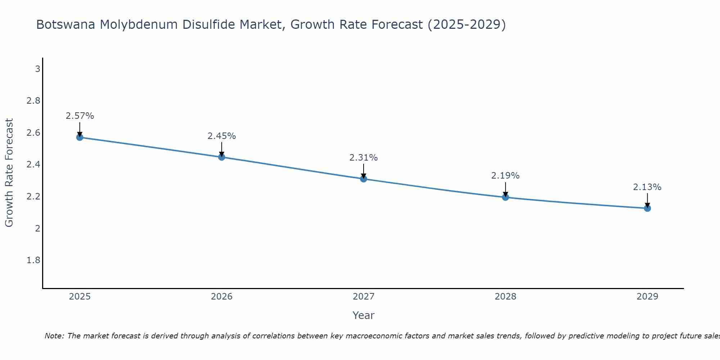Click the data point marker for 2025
coord(80,137)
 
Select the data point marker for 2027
coord(364,179)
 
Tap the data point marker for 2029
coord(647,208)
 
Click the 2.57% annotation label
coord(80,116)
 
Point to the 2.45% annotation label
coord(221,136)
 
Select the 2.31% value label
coord(364,158)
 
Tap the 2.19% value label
coord(505,176)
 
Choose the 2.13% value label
coord(647,187)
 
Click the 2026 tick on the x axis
coord(221,297)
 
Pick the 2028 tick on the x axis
coord(505,297)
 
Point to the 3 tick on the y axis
coord(37,69)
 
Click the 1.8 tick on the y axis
coord(33,260)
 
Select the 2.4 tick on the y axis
coord(33,165)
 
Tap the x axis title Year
coord(364,315)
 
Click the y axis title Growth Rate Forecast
coord(9,172)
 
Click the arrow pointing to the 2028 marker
coord(505,189)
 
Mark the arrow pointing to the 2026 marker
coord(221,149)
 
